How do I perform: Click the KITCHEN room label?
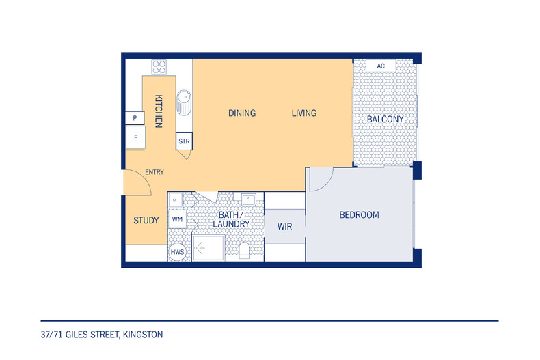[x=159, y=111]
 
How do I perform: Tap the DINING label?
[x=242, y=113]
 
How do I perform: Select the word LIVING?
[x=304, y=113]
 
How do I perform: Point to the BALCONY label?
[x=385, y=120]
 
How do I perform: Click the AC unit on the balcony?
[x=381, y=66]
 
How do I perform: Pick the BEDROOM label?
[x=359, y=215]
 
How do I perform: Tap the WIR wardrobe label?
[x=285, y=227]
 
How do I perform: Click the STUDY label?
[x=146, y=221]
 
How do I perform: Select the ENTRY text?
[x=154, y=172]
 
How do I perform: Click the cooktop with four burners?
[x=159, y=67]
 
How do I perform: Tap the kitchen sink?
[x=185, y=102]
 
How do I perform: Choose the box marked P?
[x=135, y=118]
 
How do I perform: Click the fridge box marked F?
[x=135, y=138]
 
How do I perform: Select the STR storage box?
[x=185, y=141]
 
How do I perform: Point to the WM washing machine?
[x=177, y=219]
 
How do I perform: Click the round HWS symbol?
[x=177, y=252]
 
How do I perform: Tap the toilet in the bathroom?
[x=244, y=250]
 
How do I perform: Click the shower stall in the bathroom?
[x=208, y=248]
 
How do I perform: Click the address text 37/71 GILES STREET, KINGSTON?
[x=102, y=335]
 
